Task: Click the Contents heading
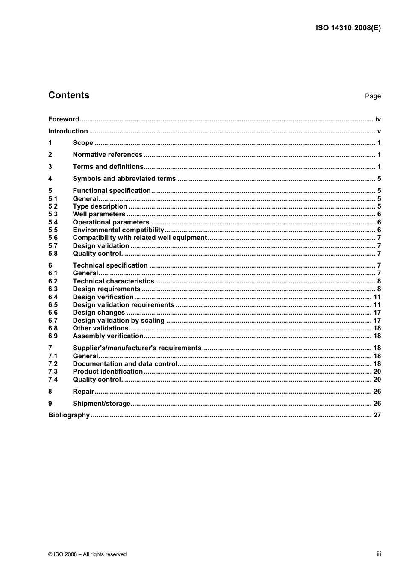pos(69,95)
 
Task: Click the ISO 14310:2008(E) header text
pos(348,28)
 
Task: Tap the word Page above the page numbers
pos(373,96)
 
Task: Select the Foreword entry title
pos(64,119)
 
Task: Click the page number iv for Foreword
pos(378,119)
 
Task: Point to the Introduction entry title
pos(68,131)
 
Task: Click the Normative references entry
pos(107,155)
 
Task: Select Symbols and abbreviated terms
pos(124,179)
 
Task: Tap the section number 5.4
pos(53,222)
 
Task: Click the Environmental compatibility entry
pos(118,230)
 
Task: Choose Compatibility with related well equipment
pos(140,238)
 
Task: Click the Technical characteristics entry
pos(113,281)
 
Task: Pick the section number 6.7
pos(53,321)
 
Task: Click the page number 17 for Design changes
pos(377,313)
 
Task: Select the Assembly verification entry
pos(108,336)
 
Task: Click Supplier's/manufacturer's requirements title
pos(137,348)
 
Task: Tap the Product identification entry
pos(108,372)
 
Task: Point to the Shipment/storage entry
pos(101,404)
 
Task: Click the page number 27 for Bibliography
pos(377,415)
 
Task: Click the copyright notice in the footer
pos(88,554)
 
